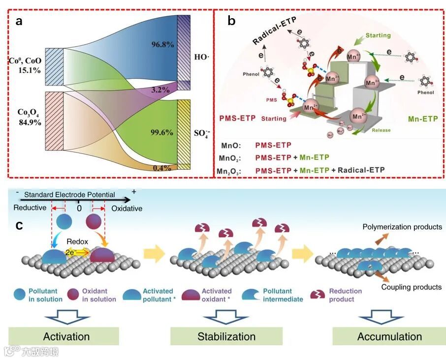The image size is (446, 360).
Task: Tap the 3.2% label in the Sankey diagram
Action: point(160,90)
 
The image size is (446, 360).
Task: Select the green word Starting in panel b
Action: point(378,35)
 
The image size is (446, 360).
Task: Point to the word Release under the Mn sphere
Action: point(382,130)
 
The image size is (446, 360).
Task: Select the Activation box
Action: point(66,336)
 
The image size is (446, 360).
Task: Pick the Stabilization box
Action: point(226,336)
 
